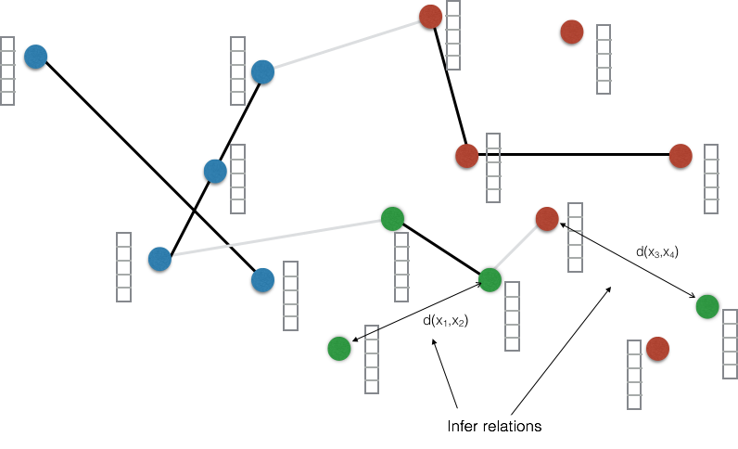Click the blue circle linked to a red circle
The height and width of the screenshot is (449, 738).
(262, 71)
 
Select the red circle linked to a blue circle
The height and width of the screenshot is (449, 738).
(430, 17)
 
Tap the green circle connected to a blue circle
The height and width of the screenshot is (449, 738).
(392, 219)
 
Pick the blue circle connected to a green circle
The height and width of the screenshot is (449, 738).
(159, 259)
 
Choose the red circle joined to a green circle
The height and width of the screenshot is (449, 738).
(547, 219)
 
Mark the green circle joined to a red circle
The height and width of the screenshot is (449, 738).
(490, 280)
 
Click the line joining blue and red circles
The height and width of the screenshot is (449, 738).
(347, 44)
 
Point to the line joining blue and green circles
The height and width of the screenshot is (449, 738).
(276, 238)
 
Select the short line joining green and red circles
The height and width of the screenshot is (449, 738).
(518, 250)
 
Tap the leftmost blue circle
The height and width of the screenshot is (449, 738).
(35, 57)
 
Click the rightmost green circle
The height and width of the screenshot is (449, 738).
(707, 307)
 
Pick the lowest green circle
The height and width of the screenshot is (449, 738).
(339, 349)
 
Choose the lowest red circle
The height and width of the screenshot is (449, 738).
(657, 349)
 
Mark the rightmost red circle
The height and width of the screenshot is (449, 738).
(681, 156)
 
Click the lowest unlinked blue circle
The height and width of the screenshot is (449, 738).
(262, 280)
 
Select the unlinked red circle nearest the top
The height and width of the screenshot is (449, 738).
(572, 32)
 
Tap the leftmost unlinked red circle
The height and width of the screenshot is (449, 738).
(467, 156)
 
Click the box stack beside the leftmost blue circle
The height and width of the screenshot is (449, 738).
(7, 71)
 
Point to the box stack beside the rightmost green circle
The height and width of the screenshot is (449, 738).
(730, 344)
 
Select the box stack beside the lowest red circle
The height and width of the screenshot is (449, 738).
(634, 375)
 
